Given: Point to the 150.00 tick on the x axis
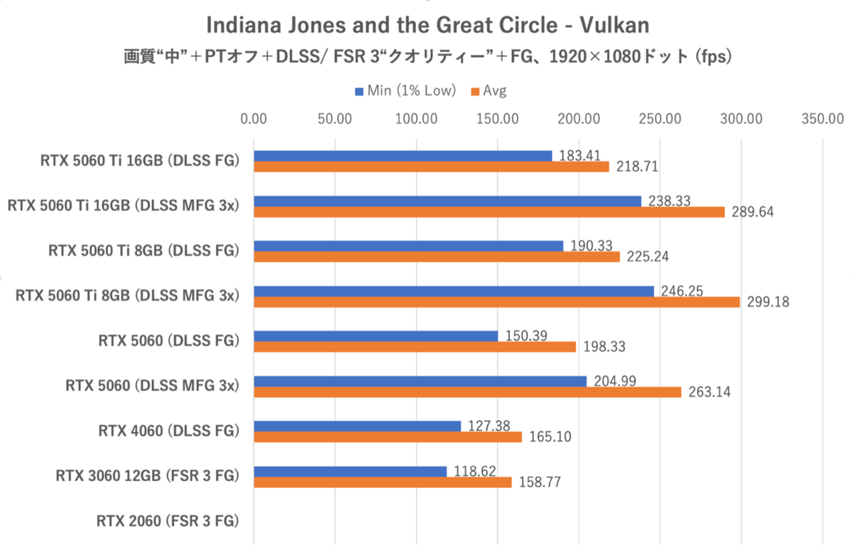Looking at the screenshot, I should coord(498,118).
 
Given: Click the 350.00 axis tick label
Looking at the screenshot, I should coord(823,118).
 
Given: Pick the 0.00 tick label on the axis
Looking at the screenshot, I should coord(254,118).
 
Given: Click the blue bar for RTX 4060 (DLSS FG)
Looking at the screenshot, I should coord(357,426).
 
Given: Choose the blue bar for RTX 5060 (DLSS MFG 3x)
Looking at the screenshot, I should coord(420,381).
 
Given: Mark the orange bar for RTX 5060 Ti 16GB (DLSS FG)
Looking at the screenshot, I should coord(432,167).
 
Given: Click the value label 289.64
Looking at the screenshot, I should coord(753,213).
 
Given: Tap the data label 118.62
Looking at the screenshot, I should coord(474,472).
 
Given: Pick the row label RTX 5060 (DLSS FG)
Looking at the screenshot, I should coord(168,340).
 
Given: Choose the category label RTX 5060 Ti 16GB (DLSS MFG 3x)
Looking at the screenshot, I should coord(122,206).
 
